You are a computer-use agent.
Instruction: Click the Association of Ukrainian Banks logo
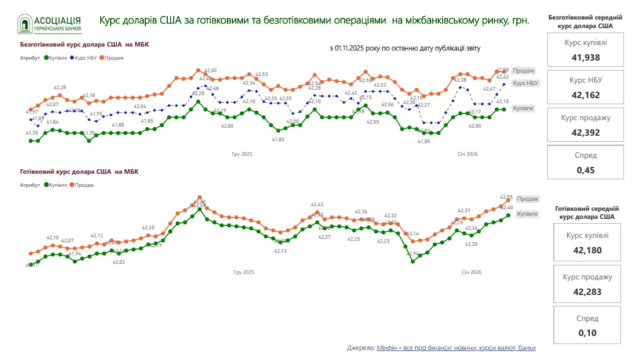coord(50,24)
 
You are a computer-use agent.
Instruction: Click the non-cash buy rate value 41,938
coord(585,57)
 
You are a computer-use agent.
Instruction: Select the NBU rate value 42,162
coord(585,95)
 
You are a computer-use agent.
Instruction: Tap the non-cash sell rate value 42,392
coord(585,133)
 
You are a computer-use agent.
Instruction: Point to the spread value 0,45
coord(585,170)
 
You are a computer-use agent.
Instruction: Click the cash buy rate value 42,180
coord(587,250)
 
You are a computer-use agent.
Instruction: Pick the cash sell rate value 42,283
coord(587,292)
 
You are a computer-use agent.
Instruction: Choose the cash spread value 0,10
coord(587,333)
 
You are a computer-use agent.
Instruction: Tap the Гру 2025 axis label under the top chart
coord(242,154)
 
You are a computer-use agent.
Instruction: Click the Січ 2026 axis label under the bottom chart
coord(471,272)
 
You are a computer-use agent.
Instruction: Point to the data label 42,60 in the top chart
coord(211,71)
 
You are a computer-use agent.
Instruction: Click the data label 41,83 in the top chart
coord(278,139)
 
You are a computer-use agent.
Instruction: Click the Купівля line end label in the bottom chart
coord(527,214)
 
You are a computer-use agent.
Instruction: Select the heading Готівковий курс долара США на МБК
coord(79,172)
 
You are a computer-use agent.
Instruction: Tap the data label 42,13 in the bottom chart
coord(280,251)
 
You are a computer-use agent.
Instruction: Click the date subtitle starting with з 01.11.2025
coord(405,48)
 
